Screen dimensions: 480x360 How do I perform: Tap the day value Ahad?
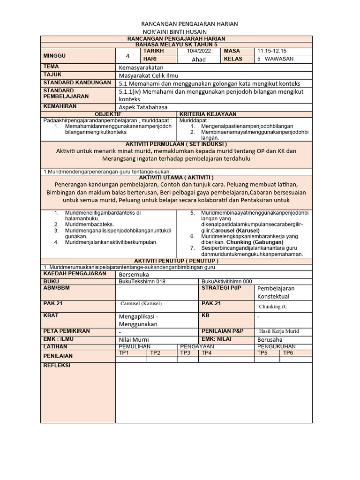(x=199, y=60)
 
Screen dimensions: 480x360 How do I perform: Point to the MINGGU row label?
(x=55, y=55)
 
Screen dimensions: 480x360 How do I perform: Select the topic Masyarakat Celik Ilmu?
(x=149, y=75)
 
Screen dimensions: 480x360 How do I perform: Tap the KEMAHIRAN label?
(x=60, y=106)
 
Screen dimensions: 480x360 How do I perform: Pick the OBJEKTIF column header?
(x=108, y=114)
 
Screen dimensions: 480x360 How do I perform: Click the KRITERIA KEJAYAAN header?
(x=208, y=114)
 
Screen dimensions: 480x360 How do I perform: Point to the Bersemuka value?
(x=135, y=274)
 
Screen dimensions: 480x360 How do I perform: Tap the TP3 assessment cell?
(x=186, y=353)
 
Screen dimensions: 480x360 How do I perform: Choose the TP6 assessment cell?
(x=287, y=353)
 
